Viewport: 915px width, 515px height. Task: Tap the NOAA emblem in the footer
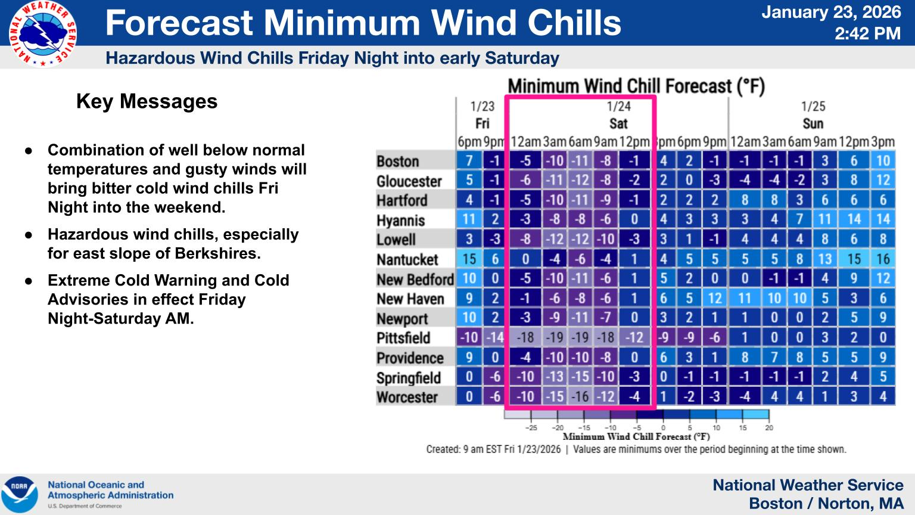pyautogui.click(x=20, y=494)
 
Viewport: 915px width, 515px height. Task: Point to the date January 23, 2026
pyautogui.click(x=832, y=13)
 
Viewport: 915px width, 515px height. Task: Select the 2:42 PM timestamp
pyautogui.click(x=867, y=33)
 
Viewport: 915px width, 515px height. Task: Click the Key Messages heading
pyautogui.click(x=147, y=101)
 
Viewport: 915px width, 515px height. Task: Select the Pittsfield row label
pyautogui.click(x=403, y=338)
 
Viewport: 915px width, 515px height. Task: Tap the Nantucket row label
pyautogui.click(x=407, y=259)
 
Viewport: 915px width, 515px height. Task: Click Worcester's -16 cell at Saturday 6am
pyautogui.click(x=580, y=397)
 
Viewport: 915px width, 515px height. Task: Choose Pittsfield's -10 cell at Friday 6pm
pyautogui.click(x=469, y=338)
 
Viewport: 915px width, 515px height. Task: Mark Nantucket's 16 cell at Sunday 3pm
pyautogui.click(x=883, y=259)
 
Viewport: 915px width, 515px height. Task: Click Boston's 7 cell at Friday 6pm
pyautogui.click(x=469, y=161)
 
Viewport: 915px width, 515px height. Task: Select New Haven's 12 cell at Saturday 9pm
pyautogui.click(x=714, y=299)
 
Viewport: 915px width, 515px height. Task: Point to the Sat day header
pyautogui.click(x=618, y=123)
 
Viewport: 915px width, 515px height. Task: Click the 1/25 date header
pyautogui.click(x=813, y=106)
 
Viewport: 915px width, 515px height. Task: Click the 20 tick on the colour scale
pyautogui.click(x=769, y=427)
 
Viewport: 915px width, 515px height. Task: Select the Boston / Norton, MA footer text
pyautogui.click(x=826, y=504)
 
